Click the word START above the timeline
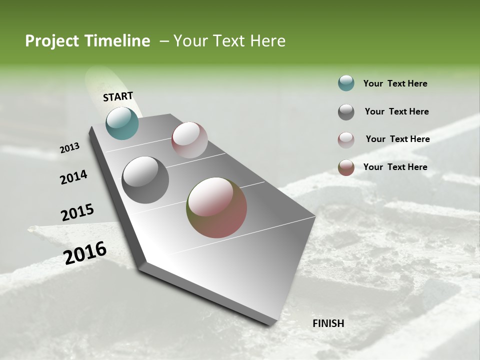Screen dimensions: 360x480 118,96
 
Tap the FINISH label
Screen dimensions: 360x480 328,323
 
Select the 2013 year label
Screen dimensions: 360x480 69,148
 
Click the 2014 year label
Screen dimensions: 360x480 73,177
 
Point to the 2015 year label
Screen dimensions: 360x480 77,212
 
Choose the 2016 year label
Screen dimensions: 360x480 85,253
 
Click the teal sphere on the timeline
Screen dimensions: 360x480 122,123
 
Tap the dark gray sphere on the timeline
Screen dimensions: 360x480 145,180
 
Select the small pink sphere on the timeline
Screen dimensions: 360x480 189,140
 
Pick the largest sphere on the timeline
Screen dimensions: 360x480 216,207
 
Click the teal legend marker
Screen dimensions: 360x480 346,83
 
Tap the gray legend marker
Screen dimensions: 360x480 346,112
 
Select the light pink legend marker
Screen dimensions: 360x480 346,140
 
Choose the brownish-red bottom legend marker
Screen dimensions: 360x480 346,167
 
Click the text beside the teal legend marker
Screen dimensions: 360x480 395,84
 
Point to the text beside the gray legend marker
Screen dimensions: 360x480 396,111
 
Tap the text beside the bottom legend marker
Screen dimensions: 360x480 395,167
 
